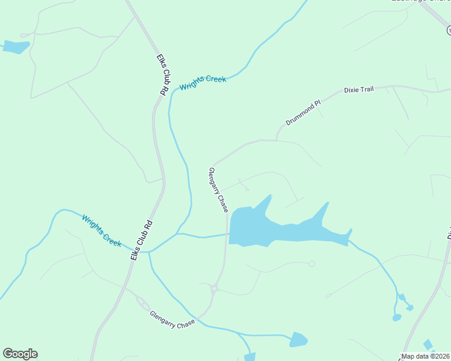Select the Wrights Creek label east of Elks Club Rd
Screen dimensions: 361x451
(x=203, y=83)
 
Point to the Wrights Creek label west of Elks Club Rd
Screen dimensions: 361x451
(x=101, y=229)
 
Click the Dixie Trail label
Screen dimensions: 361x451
(x=359, y=90)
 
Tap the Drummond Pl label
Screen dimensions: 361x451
(x=303, y=113)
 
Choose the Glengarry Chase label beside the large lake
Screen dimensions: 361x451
(x=218, y=190)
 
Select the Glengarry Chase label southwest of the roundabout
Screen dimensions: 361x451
(x=172, y=319)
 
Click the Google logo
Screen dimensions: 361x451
(x=20, y=354)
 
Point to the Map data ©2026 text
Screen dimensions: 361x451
(x=426, y=356)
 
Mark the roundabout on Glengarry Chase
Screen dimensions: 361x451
(x=214, y=289)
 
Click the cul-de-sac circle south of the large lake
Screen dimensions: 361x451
(x=312, y=264)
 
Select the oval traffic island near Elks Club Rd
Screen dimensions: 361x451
(x=143, y=303)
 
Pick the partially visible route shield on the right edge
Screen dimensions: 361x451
(x=449, y=29)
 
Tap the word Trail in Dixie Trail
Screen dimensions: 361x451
(x=367, y=90)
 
